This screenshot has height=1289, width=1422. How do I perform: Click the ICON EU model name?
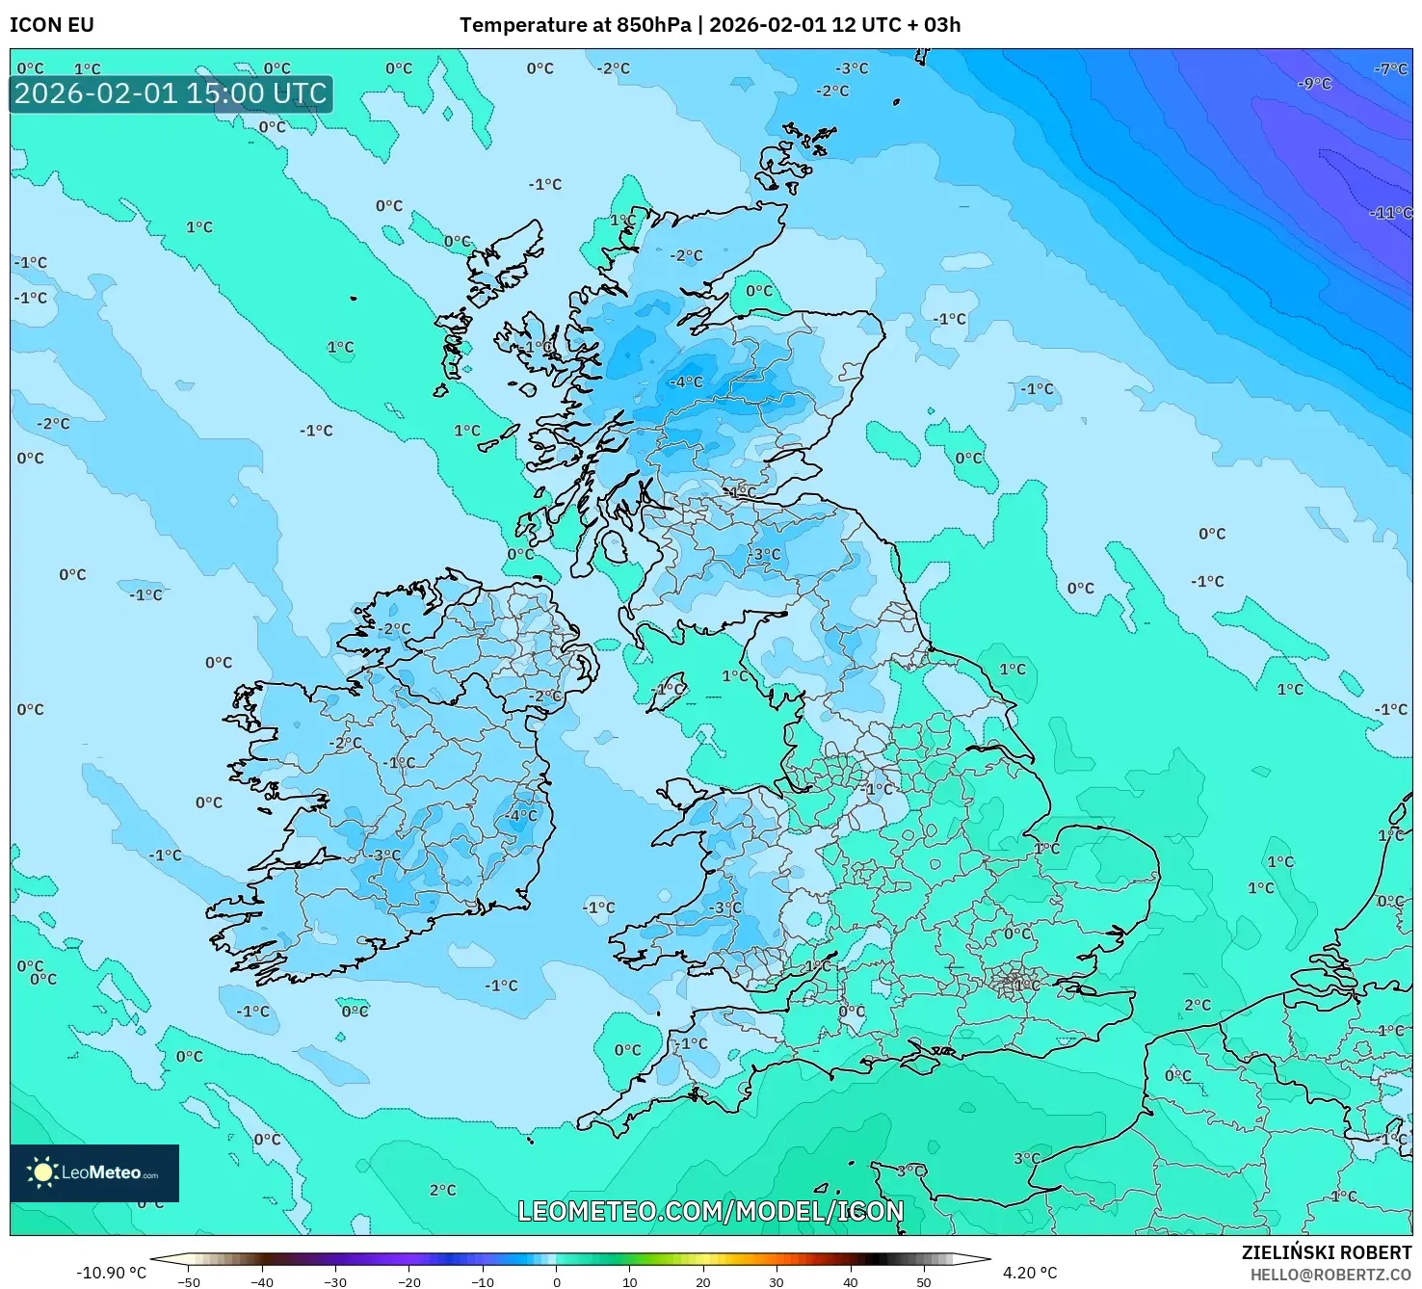tap(52, 25)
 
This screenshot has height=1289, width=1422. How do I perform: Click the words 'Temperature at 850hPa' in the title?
tap(574, 25)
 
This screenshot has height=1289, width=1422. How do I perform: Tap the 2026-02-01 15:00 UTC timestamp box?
tap(171, 94)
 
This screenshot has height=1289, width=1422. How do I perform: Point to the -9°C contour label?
tap(1314, 84)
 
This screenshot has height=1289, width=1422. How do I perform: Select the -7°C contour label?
tap(1390, 69)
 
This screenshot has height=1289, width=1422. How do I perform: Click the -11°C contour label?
tap(1390, 213)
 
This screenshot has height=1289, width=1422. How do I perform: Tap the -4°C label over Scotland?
tap(686, 381)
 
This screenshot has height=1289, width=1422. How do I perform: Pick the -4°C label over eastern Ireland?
tap(520, 815)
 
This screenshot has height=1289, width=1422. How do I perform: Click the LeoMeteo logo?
tap(94, 1172)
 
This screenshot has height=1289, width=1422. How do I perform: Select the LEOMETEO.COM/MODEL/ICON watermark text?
tap(710, 1211)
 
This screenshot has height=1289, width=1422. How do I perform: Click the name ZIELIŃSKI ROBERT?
tap(1326, 1252)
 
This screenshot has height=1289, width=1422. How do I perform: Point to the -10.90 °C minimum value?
tap(111, 1273)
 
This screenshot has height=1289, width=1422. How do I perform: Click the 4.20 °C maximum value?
tap(1030, 1273)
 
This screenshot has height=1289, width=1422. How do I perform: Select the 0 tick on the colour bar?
tap(556, 1281)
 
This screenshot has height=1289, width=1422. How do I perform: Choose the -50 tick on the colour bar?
tap(189, 1281)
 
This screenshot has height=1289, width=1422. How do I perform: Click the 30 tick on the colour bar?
tap(777, 1281)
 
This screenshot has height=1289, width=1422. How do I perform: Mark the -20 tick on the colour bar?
tap(409, 1281)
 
